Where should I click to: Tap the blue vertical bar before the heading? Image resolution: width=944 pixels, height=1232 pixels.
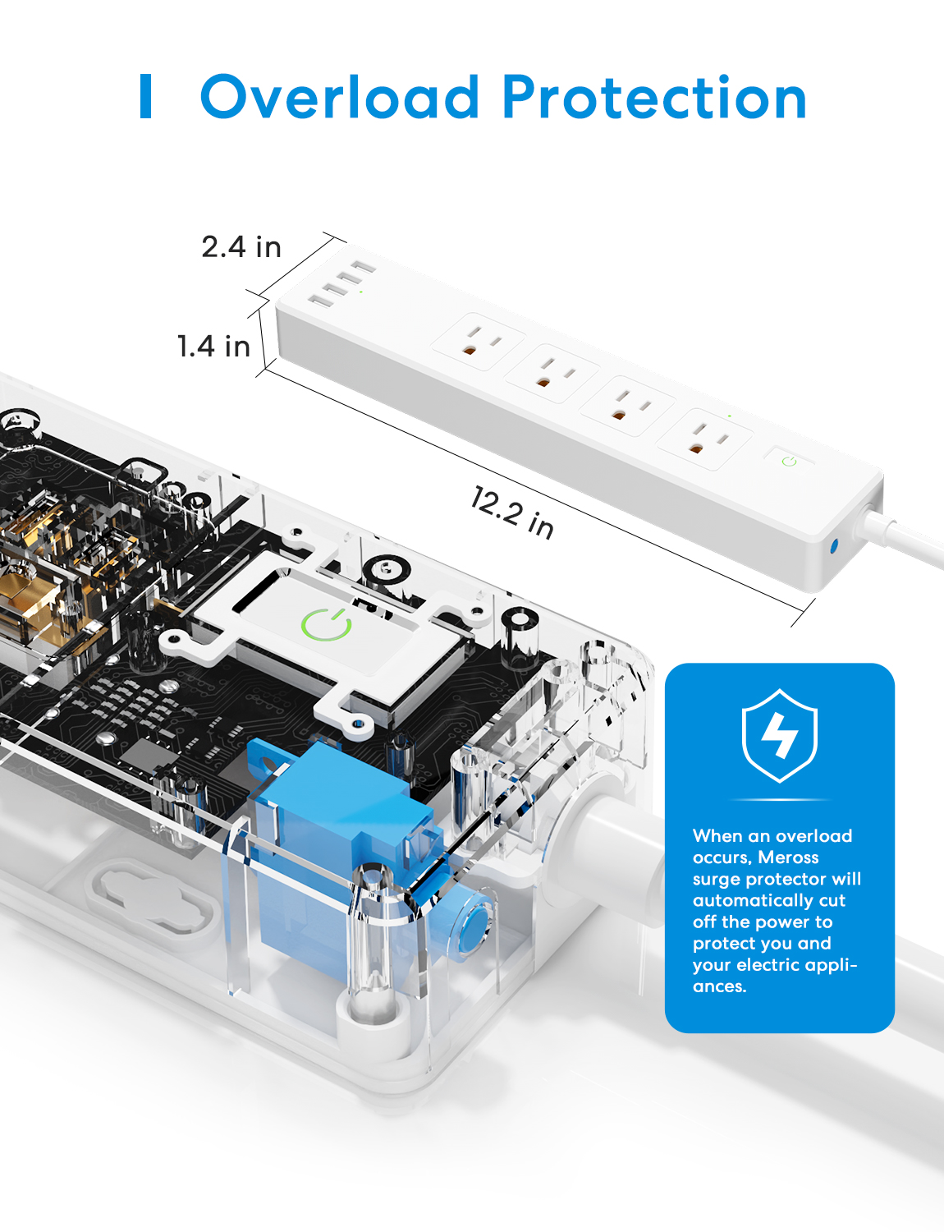(145, 96)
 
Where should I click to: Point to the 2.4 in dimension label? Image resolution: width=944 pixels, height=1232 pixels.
(241, 247)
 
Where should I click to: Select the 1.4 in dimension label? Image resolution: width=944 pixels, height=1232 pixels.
(213, 346)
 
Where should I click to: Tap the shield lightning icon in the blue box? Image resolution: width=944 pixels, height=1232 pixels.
(780, 735)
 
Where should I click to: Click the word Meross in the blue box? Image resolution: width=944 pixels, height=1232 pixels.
(788, 857)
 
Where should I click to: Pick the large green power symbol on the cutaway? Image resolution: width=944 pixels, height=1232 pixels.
(326, 625)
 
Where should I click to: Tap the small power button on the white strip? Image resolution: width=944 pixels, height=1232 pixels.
(790, 461)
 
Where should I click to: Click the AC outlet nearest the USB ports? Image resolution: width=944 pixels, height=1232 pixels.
(479, 342)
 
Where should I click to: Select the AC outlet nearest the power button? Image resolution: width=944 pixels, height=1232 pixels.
(704, 439)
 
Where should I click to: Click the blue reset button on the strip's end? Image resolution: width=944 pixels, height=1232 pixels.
(833, 546)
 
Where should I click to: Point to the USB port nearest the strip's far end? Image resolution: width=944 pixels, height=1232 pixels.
(363, 266)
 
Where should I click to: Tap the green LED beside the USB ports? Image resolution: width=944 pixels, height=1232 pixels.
(361, 292)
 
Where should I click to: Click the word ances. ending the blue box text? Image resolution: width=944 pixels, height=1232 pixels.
(720, 986)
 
